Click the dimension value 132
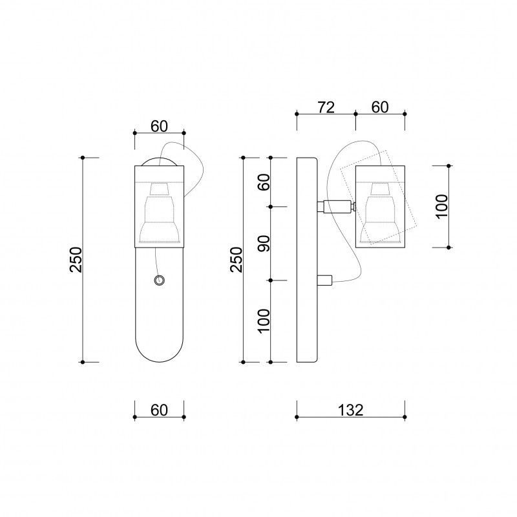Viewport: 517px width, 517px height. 350,410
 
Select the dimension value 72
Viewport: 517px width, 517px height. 326,107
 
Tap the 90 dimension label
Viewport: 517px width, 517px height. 264,244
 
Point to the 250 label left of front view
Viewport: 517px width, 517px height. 76,260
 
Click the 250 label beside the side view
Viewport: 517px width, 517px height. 236,260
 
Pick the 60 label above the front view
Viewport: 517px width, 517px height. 159,126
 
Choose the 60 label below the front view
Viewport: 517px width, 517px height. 159,410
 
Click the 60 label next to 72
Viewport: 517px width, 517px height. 380,107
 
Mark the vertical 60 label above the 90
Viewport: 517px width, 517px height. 264,182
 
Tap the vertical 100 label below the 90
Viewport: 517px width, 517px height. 264,321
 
